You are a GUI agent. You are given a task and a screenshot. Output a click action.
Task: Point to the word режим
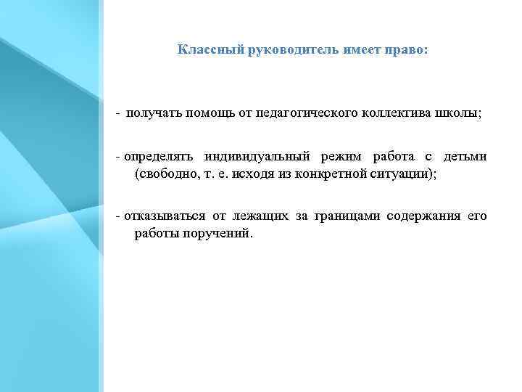(x=338, y=158)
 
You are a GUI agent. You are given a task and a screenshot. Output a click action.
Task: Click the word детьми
(x=465, y=158)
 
